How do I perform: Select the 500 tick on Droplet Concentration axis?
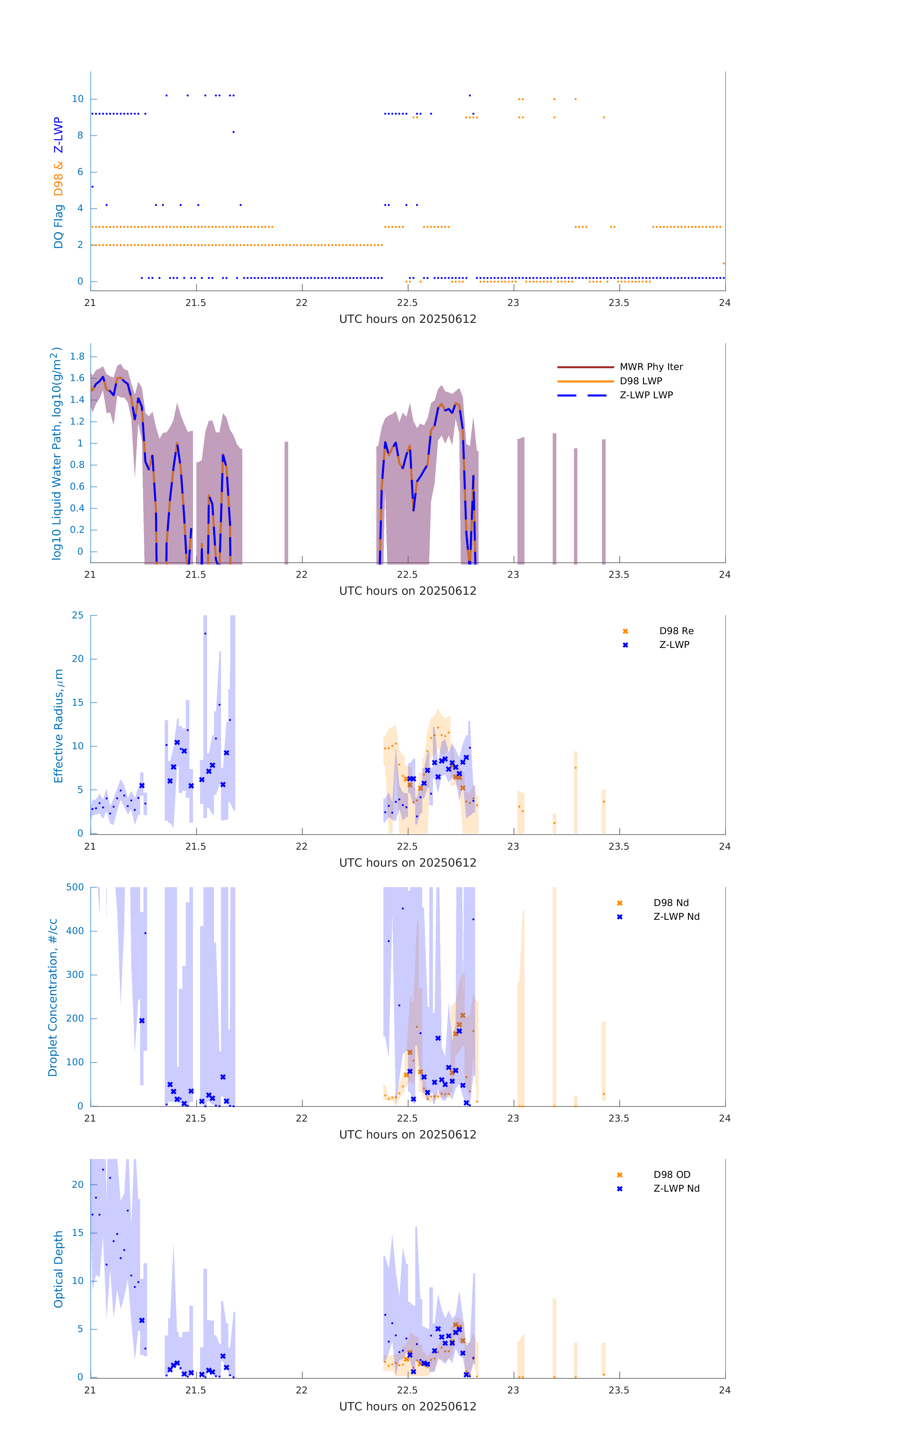[x=75, y=888]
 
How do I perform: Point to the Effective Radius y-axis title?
[x=58, y=725]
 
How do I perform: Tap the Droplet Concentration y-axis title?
[x=53, y=997]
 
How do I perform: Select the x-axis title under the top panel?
[x=408, y=319]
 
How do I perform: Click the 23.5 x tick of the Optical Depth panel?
[x=619, y=1390]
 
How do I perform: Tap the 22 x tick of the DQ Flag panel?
[x=301, y=303]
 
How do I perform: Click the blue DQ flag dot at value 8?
[x=234, y=132]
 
